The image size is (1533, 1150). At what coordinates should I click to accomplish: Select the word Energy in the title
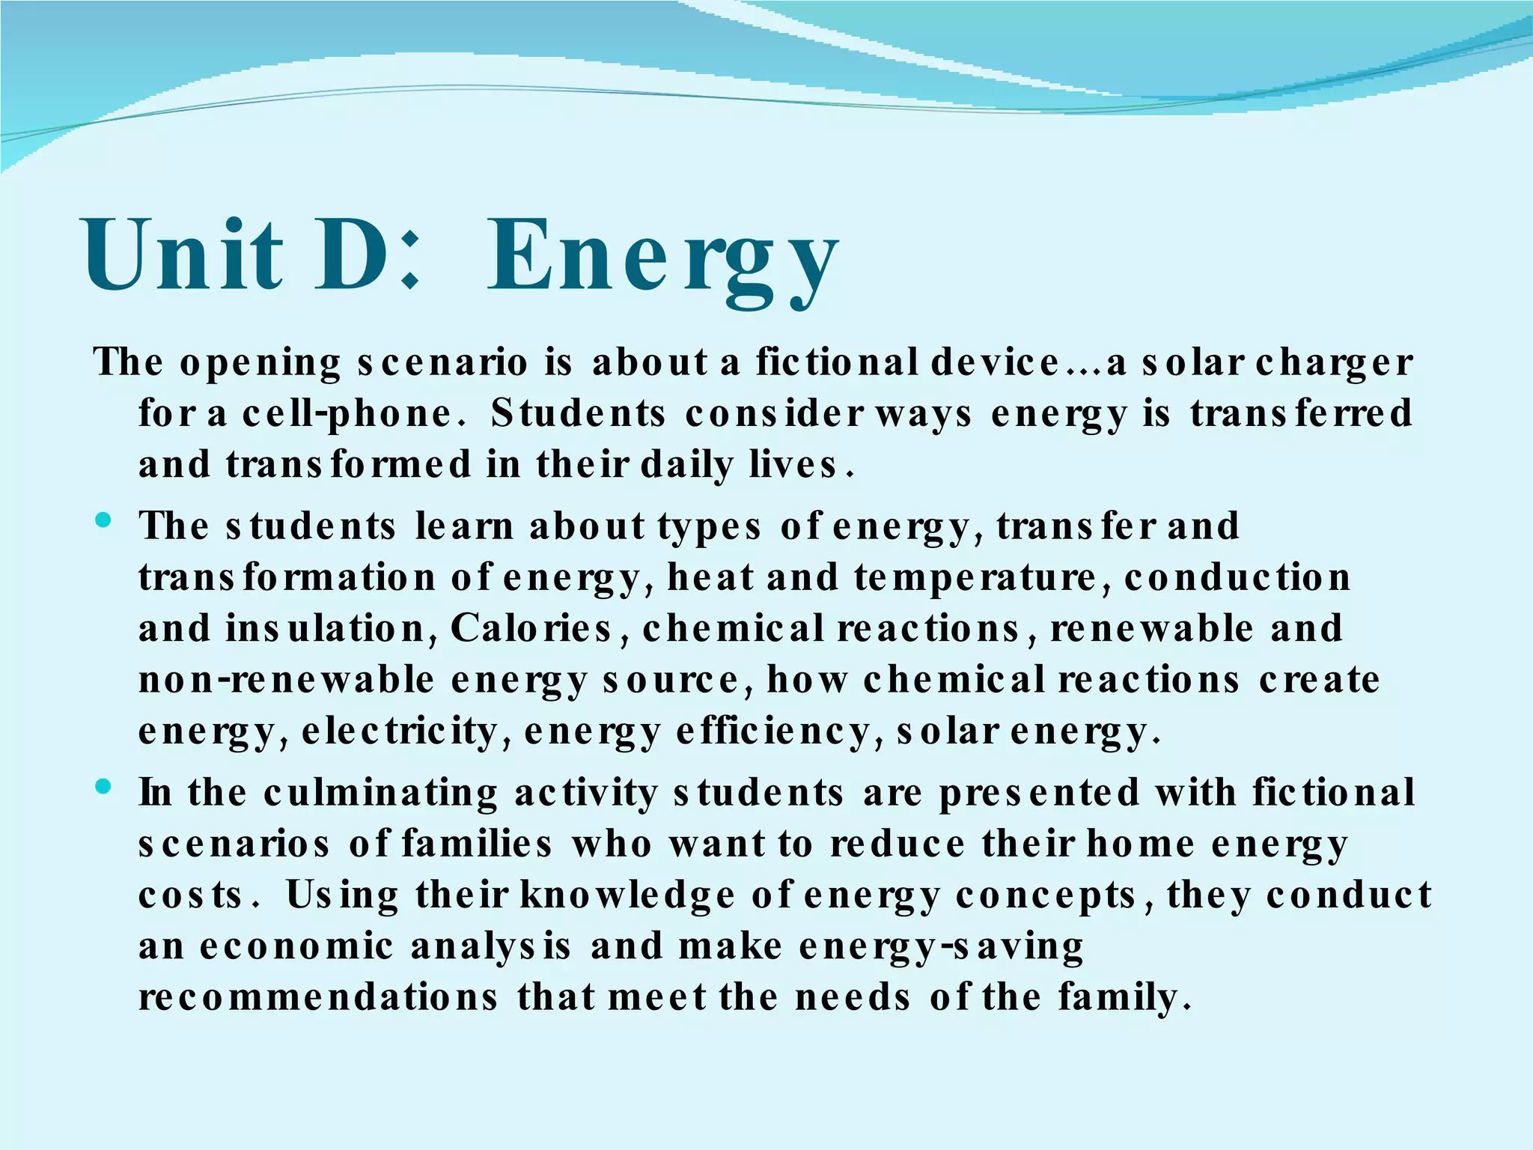click(662, 258)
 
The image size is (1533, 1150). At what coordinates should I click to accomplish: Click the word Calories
click(531, 629)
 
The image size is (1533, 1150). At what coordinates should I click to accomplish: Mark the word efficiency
click(772, 731)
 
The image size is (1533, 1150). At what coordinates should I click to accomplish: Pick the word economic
click(296, 946)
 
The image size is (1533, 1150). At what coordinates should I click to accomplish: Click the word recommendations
click(318, 997)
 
